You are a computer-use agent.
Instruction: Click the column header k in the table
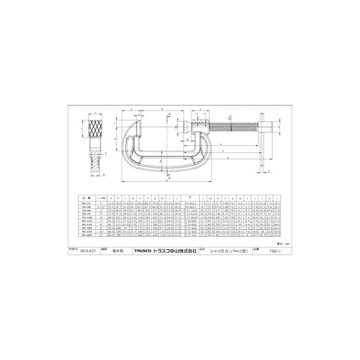tap(190, 197)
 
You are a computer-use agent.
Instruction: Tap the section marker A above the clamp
tap(169, 114)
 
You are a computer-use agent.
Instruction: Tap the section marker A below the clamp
tap(169, 178)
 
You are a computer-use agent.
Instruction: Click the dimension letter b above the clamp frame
tap(161, 109)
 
